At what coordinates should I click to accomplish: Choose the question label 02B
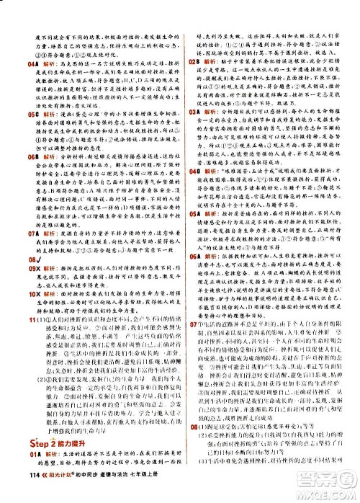click(193, 62)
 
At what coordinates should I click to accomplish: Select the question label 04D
click(193, 172)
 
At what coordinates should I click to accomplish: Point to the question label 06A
click(193, 256)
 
